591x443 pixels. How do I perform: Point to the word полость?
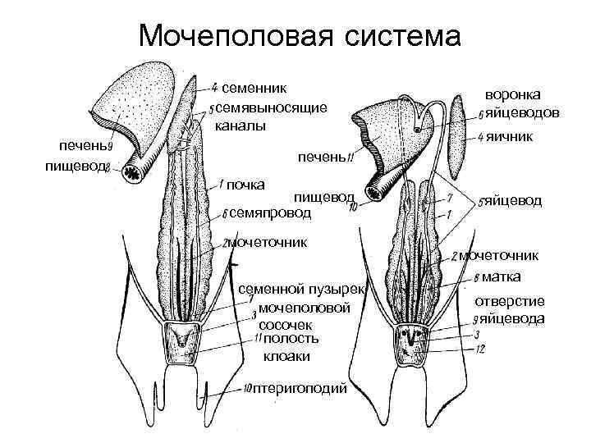coord(292,338)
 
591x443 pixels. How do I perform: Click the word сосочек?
coord(286,324)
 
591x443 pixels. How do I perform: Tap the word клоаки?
coord(286,356)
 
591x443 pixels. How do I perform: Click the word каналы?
coord(241,126)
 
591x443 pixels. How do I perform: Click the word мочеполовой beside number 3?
coord(303,308)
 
